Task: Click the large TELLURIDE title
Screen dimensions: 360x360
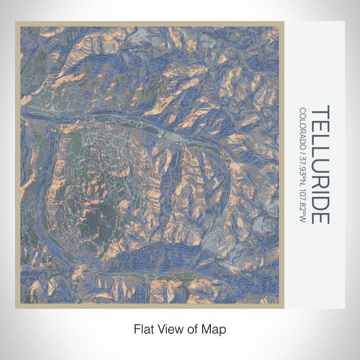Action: (x=320, y=165)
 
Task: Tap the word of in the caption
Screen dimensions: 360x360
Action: (x=188, y=328)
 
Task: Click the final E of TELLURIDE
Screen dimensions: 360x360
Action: (x=320, y=217)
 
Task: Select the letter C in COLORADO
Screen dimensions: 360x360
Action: (x=302, y=110)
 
